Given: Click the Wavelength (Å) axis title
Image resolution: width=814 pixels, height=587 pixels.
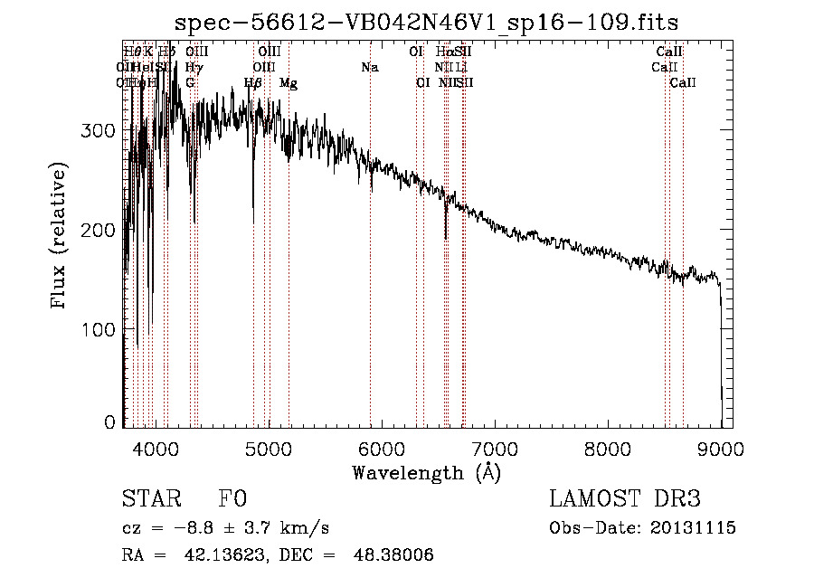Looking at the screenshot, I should [426, 472].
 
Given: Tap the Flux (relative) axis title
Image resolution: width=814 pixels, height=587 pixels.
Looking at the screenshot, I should [60, 237].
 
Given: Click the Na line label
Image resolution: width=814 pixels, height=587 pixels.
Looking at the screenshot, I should [369, 68].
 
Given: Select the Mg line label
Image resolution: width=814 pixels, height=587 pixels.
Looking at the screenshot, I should [289, 83].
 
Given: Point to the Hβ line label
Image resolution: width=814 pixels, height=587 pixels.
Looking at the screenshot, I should [253, 83].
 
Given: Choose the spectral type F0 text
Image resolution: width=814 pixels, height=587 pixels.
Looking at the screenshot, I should [232, 499].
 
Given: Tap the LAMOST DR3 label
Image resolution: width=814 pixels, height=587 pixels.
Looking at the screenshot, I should [625, 499].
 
